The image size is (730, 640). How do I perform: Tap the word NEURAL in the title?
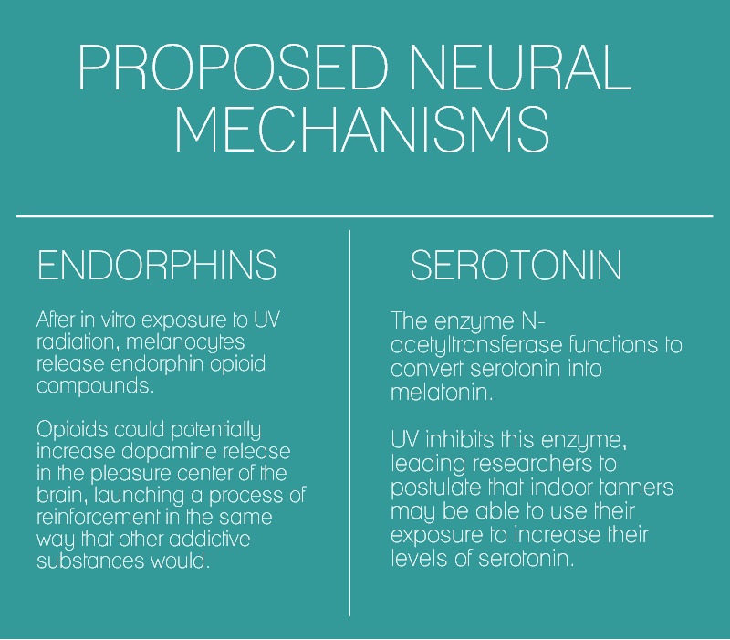pos(520,67)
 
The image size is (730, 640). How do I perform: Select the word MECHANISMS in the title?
pos(362,129)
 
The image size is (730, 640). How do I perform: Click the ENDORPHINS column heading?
pos(157,265)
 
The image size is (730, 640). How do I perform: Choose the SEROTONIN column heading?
pos(516,265)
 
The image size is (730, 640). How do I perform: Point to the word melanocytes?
pos(185,342)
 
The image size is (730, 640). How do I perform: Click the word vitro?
pos(120,320)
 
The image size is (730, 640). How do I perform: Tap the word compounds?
pos(95,386)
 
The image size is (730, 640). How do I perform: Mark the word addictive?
pos(210,539)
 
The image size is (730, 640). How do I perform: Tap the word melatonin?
pos(441,393)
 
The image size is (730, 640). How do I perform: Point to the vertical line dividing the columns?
pos(349,423)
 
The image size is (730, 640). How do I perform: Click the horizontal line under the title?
pos(364,216)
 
